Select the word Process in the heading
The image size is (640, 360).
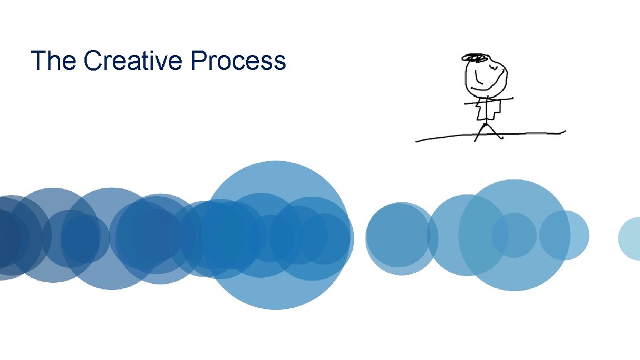(238, 61)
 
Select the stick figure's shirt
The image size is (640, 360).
(488, 108)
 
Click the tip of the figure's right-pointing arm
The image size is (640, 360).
(512, 98)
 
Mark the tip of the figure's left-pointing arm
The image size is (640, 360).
(466, 103)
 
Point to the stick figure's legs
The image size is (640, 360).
(488, 131)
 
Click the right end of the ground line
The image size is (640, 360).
(564, 132)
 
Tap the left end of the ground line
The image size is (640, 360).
(416, 141)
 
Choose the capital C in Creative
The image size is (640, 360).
(92, 61)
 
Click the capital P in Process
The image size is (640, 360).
(197, 61)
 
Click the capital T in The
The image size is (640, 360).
(38, 61)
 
